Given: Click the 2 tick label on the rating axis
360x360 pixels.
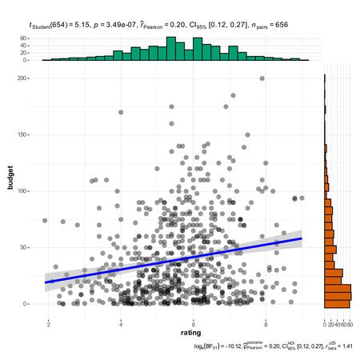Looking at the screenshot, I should click(x=49, y=322).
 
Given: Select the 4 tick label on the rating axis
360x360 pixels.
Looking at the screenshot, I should click(x=121, y=322).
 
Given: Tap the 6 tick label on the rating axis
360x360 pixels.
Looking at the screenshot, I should click(x=193, y=322).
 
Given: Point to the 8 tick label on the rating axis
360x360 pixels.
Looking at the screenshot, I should click(x=266, y=322).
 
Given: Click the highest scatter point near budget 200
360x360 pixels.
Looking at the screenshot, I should click(x=262, y=78).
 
